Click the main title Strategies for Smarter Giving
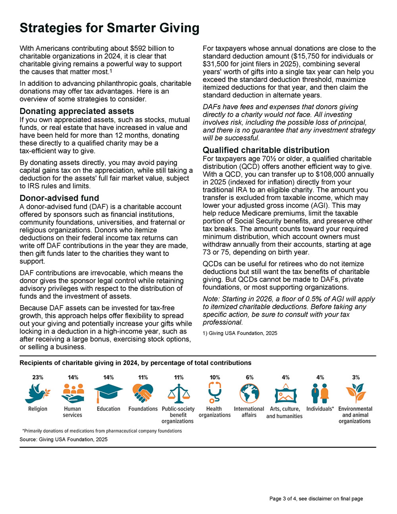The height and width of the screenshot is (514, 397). (109, 28)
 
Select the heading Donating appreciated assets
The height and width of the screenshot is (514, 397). (77, 111)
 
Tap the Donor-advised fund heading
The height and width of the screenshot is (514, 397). (59, 198)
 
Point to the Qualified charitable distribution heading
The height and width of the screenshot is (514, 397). (266, 150)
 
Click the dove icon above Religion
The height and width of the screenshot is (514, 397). (38, 393)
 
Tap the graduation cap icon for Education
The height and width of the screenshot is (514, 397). (108, 393)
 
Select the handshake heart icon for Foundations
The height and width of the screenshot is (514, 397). (143, 393)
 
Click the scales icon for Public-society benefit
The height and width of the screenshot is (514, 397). (178, 393)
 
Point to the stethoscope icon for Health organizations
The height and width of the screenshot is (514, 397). (214, 392)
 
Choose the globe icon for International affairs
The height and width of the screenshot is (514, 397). (249, 393)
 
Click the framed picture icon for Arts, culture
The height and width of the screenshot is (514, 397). (285, 394)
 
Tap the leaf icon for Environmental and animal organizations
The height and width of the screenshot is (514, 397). (355, 393)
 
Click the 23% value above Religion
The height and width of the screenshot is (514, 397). (38, 377)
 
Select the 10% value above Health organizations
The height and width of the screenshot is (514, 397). (214, 377)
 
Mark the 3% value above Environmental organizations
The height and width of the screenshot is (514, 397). (356, 377)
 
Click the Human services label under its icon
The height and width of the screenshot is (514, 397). (73, 412)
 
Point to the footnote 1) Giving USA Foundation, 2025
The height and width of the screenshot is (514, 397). (240, 333)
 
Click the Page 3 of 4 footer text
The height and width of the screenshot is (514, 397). (316, 499)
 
